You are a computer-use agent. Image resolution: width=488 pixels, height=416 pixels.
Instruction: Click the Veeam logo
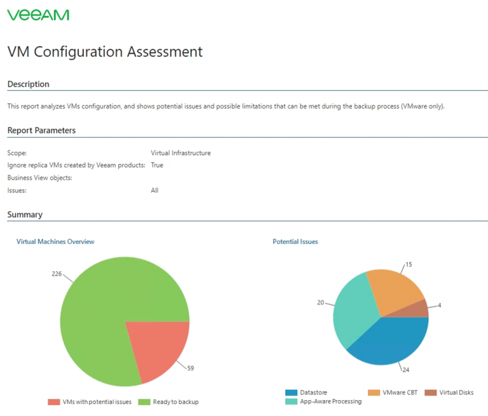click(x=38, y=15)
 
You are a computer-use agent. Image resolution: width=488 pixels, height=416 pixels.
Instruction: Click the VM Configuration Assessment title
click(x=105, y=52)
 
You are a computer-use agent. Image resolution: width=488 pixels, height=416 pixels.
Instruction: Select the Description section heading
click(x=28, y=84)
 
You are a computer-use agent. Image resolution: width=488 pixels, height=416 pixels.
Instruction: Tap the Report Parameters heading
click(x=41, y=130)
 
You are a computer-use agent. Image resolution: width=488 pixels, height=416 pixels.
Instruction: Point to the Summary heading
click(x=25, y=215)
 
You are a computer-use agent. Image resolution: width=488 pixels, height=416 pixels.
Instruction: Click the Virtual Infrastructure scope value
click(x=180, y=153)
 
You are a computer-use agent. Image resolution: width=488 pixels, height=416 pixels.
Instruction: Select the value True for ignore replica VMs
click(x=157, y=165)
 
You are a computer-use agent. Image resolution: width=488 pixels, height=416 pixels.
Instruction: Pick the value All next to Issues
click(x=154, y=191)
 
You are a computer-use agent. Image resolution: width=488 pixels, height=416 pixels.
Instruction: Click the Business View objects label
click(x=39, y=178)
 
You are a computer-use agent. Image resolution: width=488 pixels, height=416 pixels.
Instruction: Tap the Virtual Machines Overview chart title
click(x=55, y=242)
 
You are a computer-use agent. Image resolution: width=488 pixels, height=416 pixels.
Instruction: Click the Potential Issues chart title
click(x=295, y=242)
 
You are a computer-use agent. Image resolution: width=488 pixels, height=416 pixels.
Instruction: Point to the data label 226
click(x=56, y=274)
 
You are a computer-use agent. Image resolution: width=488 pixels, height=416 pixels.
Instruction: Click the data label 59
click(x=191, y=367)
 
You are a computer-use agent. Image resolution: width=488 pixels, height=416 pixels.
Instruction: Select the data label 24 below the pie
click(x=405, y=369)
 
